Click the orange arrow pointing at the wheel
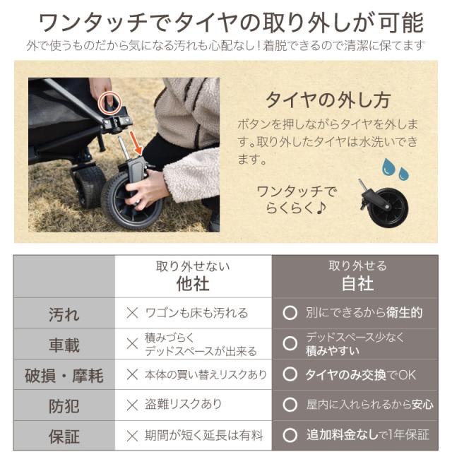136,143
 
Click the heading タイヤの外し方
328,100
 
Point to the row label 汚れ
64,314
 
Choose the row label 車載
64,345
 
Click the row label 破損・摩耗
64,376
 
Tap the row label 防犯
64,406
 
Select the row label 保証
64,436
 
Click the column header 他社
193,283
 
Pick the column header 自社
357,283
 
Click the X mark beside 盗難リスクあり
132,405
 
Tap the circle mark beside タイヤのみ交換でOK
290,374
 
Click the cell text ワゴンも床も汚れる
196,313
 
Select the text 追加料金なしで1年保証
368,435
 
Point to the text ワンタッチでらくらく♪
297,200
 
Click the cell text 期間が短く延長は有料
204,436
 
